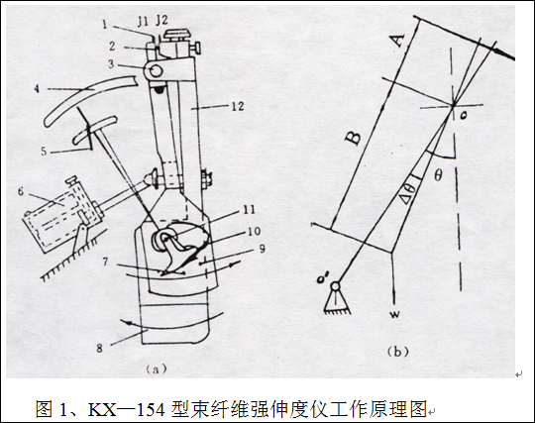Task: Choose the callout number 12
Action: (x=237, y=106)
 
